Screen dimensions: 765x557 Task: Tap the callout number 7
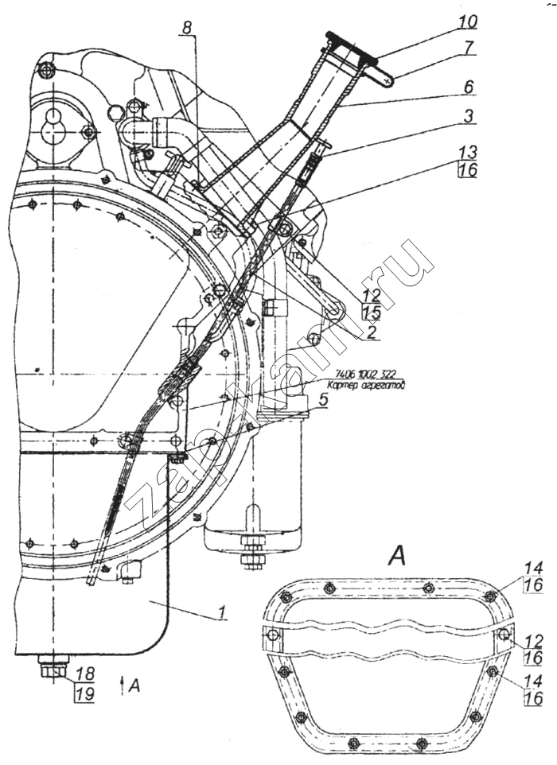pos(469,47)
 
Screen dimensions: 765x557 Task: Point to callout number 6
pos(469,86)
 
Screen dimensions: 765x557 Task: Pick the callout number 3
pos(469,116)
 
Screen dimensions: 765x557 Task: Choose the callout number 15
pos(371,313)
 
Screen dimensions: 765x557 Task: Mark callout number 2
pos(371,335)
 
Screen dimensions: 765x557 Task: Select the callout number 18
pos(82,674)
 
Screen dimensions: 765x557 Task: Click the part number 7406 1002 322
pos(367,374)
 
